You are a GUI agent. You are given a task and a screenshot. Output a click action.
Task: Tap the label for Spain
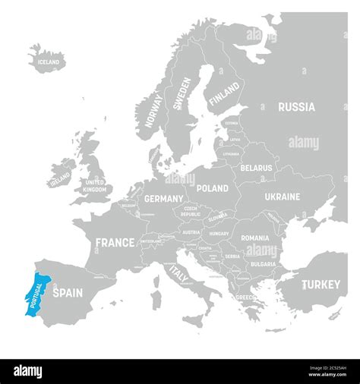click(67, 291)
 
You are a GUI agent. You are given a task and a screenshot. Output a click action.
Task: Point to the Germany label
click(163, 198)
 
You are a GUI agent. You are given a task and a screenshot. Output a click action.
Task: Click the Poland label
click(212, 187)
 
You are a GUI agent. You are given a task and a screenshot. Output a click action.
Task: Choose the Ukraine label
click(282, 197)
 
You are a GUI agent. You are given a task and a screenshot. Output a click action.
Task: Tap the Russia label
click(296, 107)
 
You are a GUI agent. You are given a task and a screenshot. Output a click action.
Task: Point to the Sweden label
click(182, 94)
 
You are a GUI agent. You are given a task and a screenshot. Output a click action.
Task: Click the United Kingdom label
click(95, 187)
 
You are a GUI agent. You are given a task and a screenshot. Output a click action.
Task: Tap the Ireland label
click(59, 179)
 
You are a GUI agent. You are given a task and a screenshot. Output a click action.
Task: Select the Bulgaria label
click(261, 263)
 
